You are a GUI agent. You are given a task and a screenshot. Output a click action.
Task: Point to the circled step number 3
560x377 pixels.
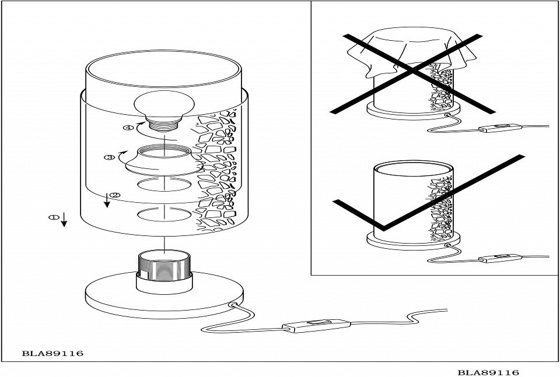coord(108,157)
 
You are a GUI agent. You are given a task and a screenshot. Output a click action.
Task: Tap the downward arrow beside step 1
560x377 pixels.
coord(64,220)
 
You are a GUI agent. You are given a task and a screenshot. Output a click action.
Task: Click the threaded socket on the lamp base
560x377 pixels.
coord(164,270)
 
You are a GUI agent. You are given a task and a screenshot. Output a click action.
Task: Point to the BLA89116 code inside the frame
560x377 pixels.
coord(52,353)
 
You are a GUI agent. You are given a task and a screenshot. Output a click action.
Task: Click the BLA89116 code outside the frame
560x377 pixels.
coord(488,372)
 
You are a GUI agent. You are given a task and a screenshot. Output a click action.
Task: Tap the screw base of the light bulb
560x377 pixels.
coord(164,123)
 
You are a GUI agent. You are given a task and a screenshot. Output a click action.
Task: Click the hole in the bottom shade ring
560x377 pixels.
coord(163,216)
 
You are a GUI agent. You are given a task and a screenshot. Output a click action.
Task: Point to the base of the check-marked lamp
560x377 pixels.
coord(413,241)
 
